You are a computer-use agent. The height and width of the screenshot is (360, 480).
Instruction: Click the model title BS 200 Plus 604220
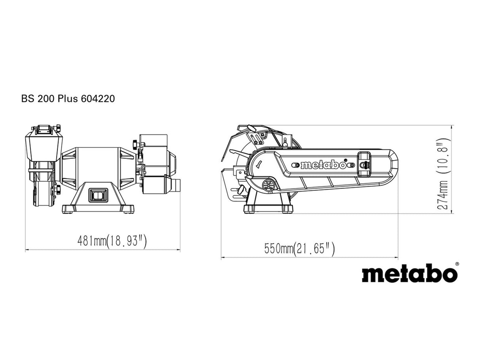pos(68,99)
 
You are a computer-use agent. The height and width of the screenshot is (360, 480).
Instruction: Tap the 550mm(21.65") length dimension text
pos(299,249)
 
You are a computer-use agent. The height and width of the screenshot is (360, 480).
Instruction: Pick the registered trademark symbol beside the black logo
pos(457,264)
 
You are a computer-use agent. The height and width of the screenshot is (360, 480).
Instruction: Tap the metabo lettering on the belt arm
pos(323,165)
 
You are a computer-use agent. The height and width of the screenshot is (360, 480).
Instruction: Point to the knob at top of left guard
pos(58,128)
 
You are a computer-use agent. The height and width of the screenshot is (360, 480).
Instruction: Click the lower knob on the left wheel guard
pos(58,190)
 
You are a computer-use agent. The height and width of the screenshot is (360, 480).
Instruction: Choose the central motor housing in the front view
pos(98,166)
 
